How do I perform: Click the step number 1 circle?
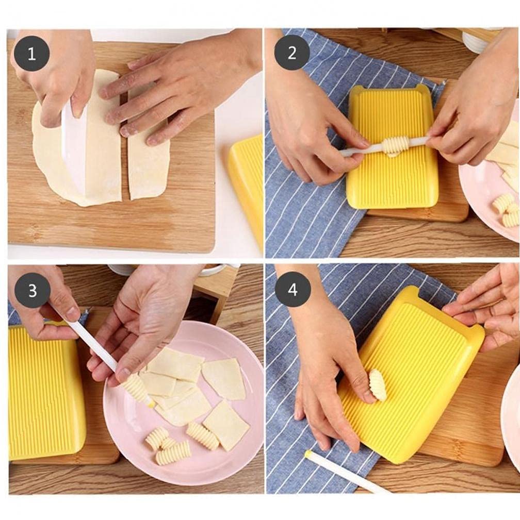[x=31, y=54]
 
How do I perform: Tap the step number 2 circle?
[x=292, y=53]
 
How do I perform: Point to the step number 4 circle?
[x=293, y=290]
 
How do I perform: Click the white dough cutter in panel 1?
[x=74, y=149]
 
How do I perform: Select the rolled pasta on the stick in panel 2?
[x=395, y=146]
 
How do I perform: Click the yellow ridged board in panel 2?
[x=392, y=180]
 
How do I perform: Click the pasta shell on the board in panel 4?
[x=378, y=385]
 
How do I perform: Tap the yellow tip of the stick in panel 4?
[x=308, y=454]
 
